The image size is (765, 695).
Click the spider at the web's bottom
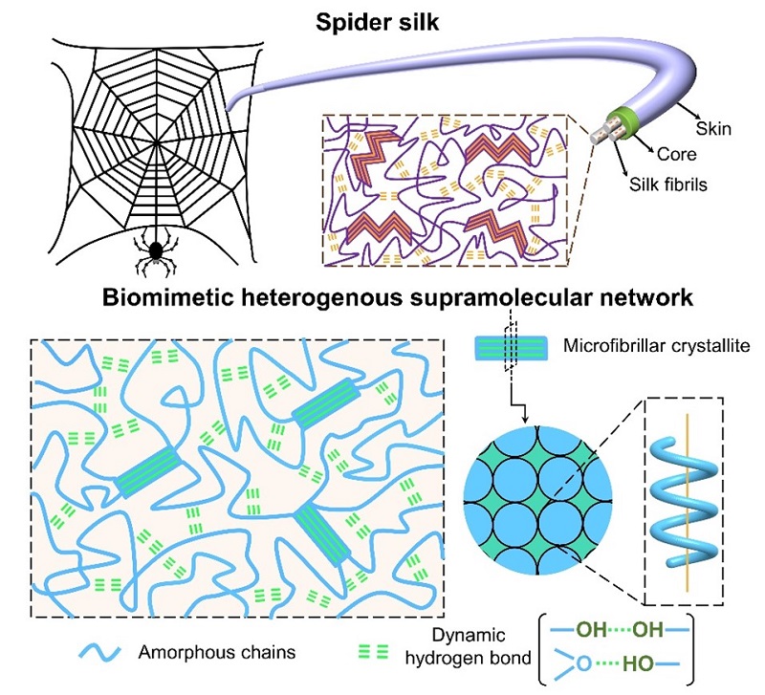(153, 250)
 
